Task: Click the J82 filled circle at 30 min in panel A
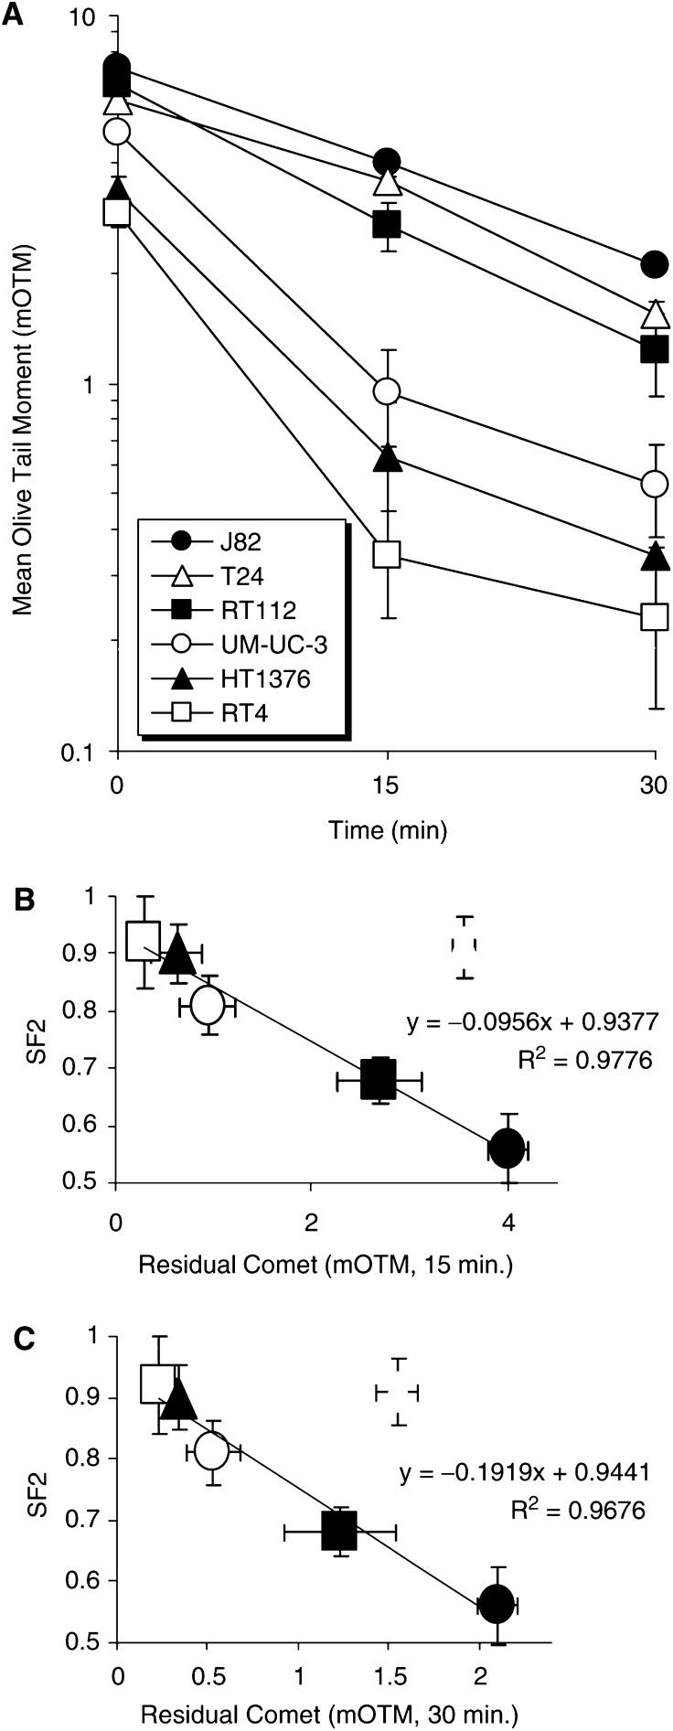pyautogui.click(x=654, y=264)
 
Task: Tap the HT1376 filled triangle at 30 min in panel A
pyautogui.click(x=654, y=557)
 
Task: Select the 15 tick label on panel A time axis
pyautogui.click(x=387, y=785)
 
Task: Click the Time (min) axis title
pyautogui.click(x=388, y=830)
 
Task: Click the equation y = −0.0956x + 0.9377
pyautogui.click(x=532, y=1020)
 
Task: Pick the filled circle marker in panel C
pyautogui.click(x=497, y=1603)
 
